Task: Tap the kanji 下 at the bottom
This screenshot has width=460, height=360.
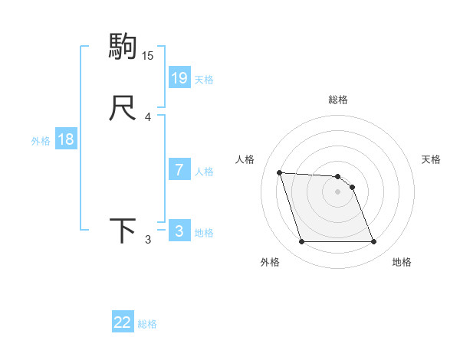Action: (123, 231)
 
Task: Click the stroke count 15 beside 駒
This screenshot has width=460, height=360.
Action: (148, 55)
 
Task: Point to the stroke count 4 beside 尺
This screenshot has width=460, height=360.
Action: (148, 117)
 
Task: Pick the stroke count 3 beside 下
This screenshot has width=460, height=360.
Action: (148, 240)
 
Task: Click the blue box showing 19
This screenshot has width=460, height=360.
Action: (179, 77)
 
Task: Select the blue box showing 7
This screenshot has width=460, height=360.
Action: (179, 170)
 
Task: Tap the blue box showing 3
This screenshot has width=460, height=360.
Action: (179, 231)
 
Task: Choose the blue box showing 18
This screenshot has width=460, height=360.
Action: (66, 139)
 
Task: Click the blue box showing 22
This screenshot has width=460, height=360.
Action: (123, 322)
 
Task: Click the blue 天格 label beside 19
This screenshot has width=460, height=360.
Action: (204, 79)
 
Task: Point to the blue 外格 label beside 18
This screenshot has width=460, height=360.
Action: (41, 141)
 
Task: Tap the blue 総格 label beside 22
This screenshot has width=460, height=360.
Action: (147, 324)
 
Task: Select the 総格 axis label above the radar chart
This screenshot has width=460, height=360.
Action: (337, 100)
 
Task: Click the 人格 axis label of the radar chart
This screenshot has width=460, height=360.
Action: (245, 159)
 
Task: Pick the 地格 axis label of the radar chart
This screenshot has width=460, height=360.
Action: (402, 262)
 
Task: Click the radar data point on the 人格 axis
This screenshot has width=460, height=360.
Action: (279, 172)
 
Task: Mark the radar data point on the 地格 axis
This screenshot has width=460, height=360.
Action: (373, 242)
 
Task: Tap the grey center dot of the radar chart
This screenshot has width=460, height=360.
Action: (337, 191)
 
